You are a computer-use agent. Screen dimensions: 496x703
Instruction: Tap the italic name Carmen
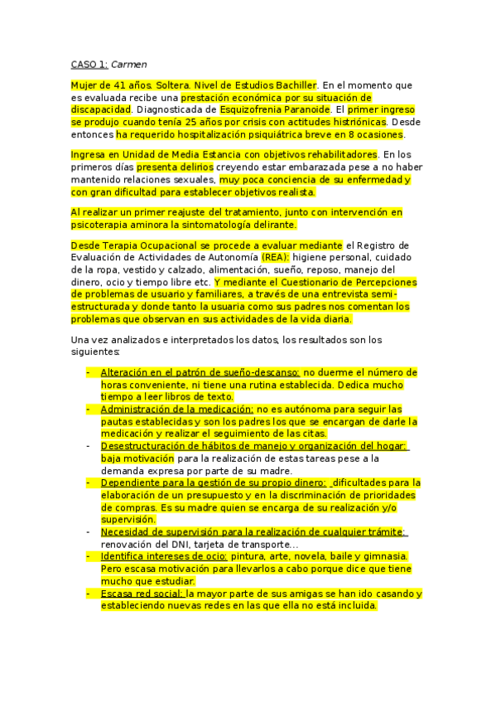129,64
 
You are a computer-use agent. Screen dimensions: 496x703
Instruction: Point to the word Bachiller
293,85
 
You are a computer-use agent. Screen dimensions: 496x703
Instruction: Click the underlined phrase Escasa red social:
142,593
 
